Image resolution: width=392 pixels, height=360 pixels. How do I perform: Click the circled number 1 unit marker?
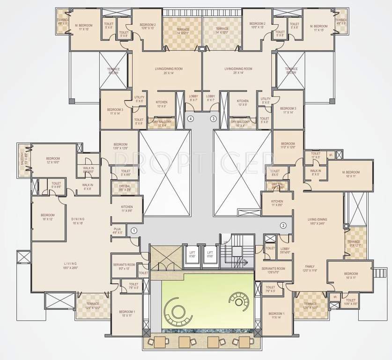pos(134,230)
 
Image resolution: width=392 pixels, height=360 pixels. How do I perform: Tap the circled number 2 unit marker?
pos(283,225)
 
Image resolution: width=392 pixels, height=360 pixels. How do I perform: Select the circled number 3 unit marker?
pos(214,119)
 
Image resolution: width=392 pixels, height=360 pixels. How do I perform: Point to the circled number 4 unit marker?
pos(191,119)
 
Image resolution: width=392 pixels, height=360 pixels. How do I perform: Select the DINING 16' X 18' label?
pos(78,221)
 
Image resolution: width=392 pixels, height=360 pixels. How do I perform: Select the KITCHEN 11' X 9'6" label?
pos(126,209)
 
